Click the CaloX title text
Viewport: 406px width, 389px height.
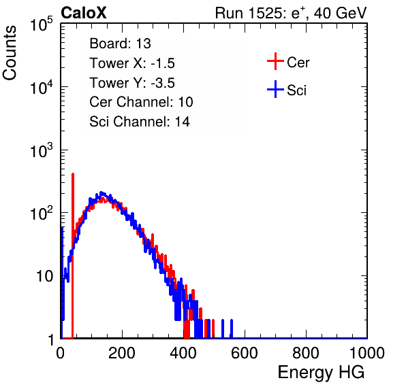pyautogui.click(x=84, y=13)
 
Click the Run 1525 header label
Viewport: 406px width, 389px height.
pyautogui.click(x=291, y=13)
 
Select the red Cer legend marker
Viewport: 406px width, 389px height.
pyautogui.click(x=275, y=61)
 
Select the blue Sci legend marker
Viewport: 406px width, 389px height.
pyautogui.click(x=275, y=89)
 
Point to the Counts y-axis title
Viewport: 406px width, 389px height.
pyautogui.click(x=10, y=53)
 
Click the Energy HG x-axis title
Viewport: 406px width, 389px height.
pyautogui.click(x=321, y=373)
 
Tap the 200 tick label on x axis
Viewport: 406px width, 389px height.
pyautogui.click(x=122, y=353)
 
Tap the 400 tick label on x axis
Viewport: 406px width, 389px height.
pyautogui.click(x=183, y=353)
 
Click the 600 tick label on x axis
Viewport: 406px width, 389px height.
pyautogui.click(x=245, y=353)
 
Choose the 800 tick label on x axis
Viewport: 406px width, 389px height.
pyautogui.click(x=306, y=353)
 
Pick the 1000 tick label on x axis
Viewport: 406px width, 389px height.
pyautogui.click(x=367, y=353)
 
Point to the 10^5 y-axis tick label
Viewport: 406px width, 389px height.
pyautogui.click(x=42, y=24)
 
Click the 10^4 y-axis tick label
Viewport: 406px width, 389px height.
pyautogui.click(x=42, y=87)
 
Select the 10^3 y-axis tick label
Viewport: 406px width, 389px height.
pyautogui.click(x=42, y=150)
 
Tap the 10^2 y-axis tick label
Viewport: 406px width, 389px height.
pyautogui.click(x=42, y=214)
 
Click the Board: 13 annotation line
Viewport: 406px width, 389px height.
pyautogui.click(x=120, y=44)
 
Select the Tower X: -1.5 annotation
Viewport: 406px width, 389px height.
pyautogui.click(x=132, y=63)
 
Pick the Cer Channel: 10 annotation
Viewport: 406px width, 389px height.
pyautogui.click(x=141, y=102)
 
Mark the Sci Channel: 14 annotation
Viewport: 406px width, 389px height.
pyautogui.click(x=140, y=122)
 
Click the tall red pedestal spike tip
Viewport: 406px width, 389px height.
pyautogui.click(x=73, y=174)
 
